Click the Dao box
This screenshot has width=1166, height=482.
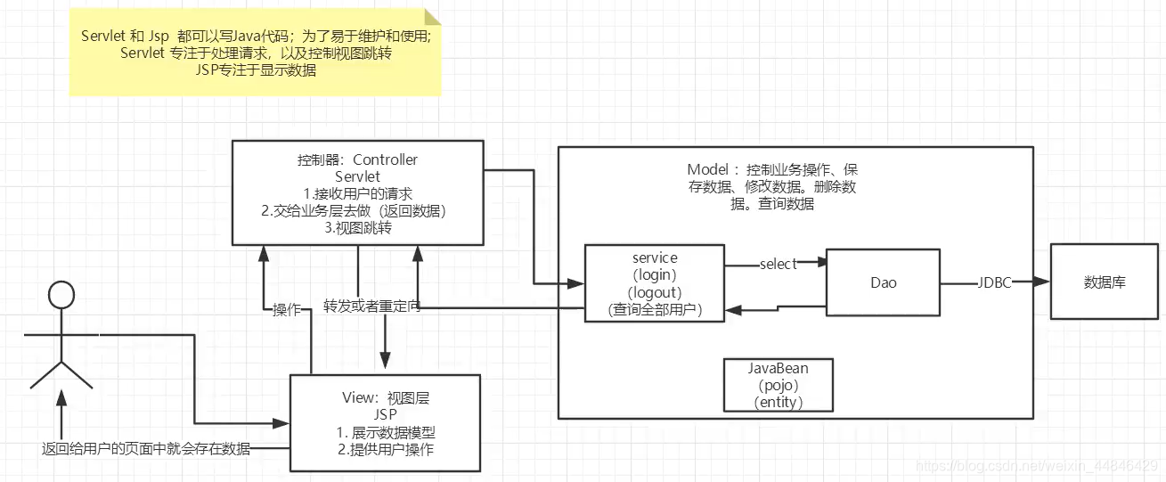point(884,282)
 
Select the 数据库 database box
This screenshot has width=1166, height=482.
point(1105,282)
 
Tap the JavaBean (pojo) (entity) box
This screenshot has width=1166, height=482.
point(779,385)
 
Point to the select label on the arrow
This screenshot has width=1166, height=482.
point(778,265)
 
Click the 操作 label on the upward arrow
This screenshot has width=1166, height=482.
point(287,310)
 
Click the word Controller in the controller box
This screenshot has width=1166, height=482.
point(385,160)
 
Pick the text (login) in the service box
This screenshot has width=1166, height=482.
point(655,275)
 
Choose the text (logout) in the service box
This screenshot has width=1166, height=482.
point(655,292)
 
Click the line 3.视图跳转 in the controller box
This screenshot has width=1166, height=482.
point(357,227)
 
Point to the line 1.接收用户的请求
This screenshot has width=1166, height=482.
point(357,193)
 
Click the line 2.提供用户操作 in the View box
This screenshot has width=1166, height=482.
point(386,449)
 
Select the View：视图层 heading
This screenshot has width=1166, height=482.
point(386,397)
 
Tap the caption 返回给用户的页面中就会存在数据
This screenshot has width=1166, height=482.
point(146,448)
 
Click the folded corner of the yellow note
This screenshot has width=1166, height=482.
point(432,18)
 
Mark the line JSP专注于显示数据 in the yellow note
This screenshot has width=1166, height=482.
point(257,70)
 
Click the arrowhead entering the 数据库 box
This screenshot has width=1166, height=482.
point(1044,282)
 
